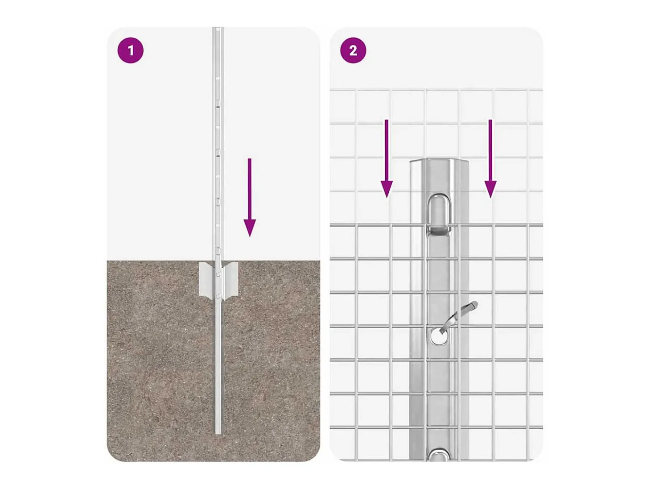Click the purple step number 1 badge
(130, 50)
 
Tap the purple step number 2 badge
(353, 50)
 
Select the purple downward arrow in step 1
(250, 197)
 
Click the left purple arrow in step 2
(387, 158)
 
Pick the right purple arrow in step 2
(490, 158)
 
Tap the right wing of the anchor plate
(230, 280)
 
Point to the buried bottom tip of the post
(218, 434)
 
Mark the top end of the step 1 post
(218, 28)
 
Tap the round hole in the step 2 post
(439, 337)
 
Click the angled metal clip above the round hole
(458, 316)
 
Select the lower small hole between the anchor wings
(218, 296)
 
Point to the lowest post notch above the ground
(218, 249)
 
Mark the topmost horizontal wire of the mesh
(436, 89)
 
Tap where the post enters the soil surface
(218, 261)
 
